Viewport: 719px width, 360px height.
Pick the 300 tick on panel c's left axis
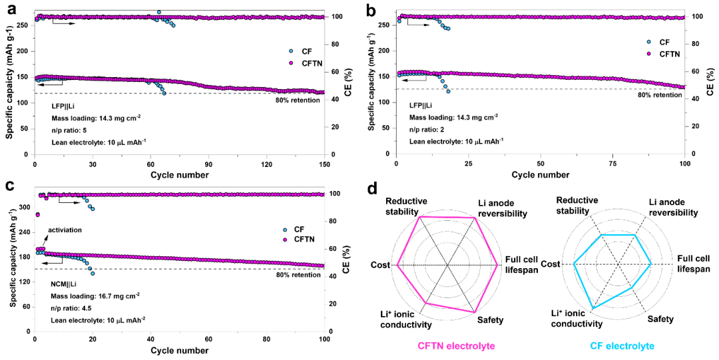click(24, 208)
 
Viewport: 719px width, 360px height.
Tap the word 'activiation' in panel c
click(64, 230)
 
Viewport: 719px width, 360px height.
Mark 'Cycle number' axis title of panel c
click(180, 350)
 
